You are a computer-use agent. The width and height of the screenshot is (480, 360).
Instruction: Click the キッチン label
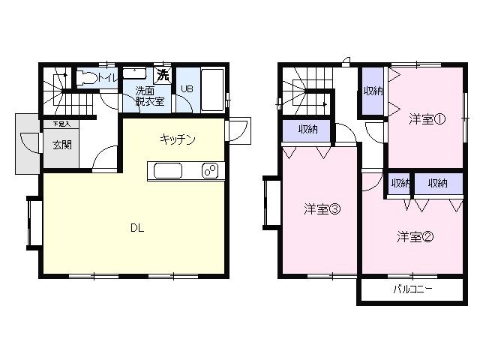coord(178,139)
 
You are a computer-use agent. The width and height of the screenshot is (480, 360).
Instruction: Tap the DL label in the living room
coord(136,227)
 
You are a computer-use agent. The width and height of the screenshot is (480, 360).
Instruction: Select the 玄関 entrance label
coord(62,145)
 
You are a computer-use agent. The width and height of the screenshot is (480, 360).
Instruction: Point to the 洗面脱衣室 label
coord(150,97)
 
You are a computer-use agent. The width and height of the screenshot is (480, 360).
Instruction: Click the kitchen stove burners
coord(208,171)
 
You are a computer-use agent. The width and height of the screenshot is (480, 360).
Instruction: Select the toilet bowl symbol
coord(87,76)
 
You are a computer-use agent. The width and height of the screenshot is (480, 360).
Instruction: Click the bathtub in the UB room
coord(212,88)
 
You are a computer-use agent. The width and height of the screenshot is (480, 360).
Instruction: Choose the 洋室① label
coord(427,118)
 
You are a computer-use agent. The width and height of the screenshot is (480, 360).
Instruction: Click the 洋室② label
coord(415,237)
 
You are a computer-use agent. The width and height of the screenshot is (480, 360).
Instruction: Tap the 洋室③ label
coord(322,209)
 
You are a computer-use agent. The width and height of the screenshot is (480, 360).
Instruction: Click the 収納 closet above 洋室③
coord(308,130)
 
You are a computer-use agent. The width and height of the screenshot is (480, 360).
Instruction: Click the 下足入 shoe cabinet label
coord(61,123)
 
